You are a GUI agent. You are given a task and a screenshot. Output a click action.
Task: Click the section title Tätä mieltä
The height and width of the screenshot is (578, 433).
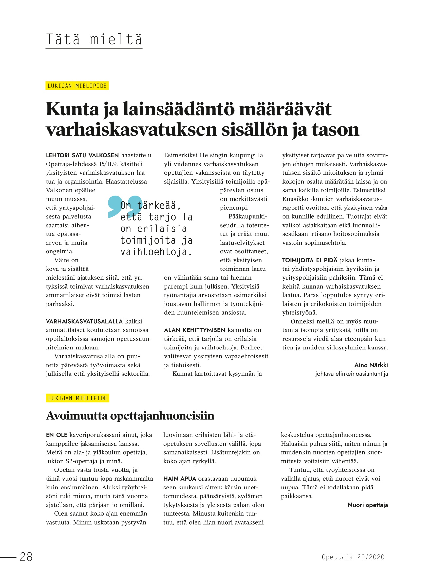tap(94, 40)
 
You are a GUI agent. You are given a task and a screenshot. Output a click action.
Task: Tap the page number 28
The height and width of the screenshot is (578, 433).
tap(26, 557)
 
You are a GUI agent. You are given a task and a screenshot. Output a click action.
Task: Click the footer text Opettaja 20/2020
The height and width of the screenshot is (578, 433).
tap(353, 557)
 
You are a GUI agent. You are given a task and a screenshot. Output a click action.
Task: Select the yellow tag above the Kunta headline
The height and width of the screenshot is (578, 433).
tap(77, 86)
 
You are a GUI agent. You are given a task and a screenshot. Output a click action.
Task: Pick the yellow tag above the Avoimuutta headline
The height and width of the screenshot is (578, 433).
tap(78, 398)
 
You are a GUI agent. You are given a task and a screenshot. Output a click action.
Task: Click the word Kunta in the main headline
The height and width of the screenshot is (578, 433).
tap(72, 109)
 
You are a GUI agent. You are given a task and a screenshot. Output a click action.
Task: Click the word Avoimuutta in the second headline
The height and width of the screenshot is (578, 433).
tap(77, 416)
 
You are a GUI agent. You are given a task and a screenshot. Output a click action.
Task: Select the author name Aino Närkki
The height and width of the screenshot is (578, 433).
tap(371, 365)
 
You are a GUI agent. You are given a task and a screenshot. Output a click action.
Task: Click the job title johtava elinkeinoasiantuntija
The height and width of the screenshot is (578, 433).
tap(351, 374)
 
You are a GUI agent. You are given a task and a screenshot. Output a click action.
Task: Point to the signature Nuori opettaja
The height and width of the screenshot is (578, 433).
tap(368, 505)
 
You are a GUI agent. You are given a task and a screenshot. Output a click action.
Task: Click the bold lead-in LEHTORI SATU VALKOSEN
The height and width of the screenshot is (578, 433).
tap(82, 155)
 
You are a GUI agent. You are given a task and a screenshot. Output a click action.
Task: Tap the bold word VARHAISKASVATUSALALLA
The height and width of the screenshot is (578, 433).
tap(84, 321)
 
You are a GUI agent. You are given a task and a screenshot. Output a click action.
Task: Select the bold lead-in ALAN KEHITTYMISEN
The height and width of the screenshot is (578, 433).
tap(195, 330)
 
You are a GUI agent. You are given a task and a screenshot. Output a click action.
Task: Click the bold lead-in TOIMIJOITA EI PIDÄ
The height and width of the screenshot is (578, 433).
tap(310, 260)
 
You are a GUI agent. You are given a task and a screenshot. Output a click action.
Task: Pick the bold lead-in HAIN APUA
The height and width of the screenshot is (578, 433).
tap(179, 479)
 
